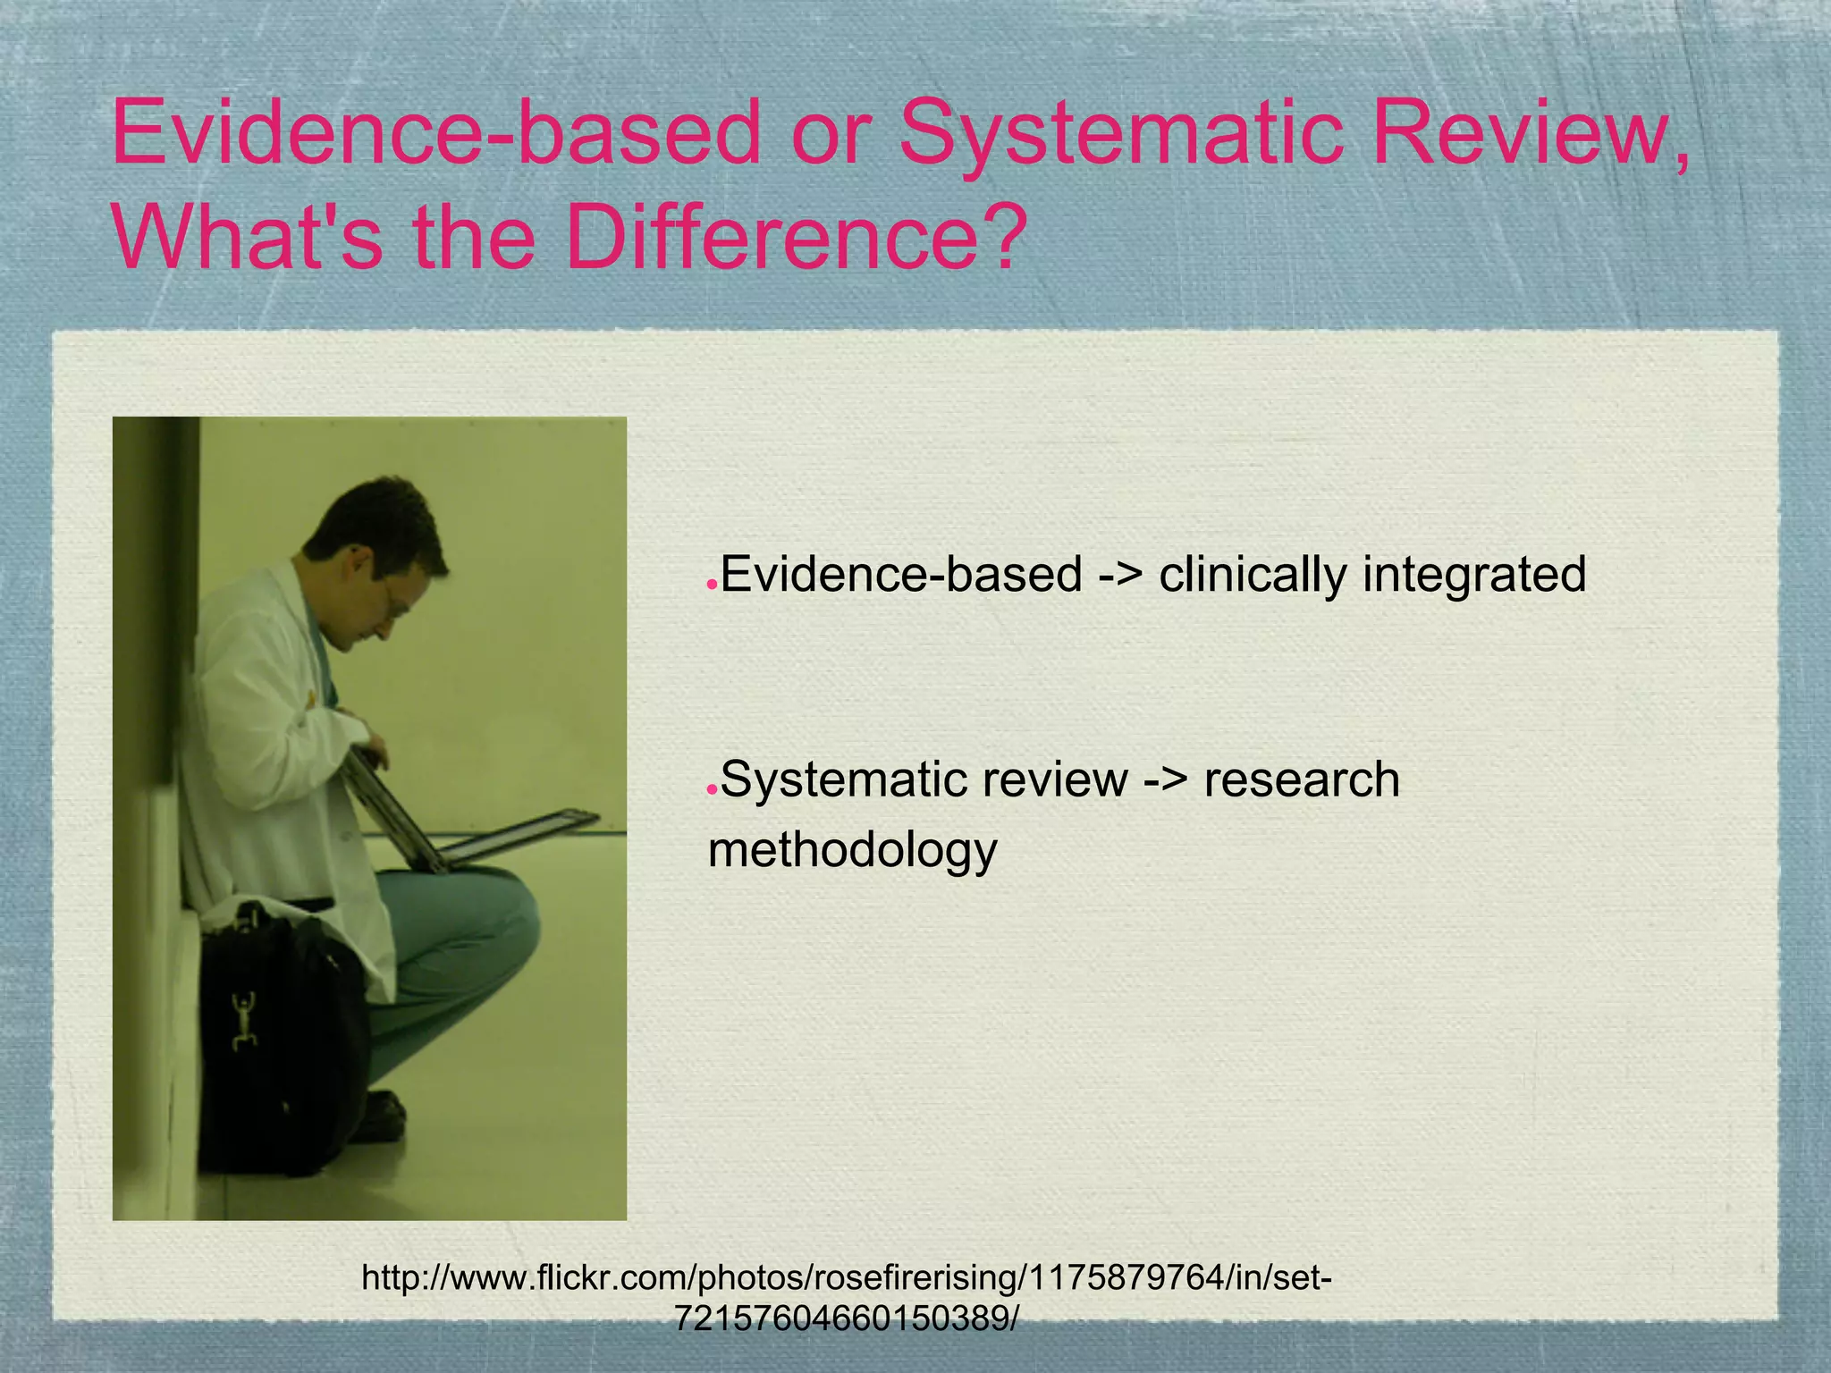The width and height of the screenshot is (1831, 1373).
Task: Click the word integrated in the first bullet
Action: tap(1474, 574)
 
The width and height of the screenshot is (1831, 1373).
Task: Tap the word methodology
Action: tap(852, 849)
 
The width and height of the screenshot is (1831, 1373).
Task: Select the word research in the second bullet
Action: tap(1302, 779)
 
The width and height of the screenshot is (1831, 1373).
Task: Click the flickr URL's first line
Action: tap(846, 1278)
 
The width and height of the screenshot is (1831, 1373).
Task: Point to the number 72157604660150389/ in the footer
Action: tap(846, 1318)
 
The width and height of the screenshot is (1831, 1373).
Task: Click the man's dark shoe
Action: tap(380, 1117)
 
